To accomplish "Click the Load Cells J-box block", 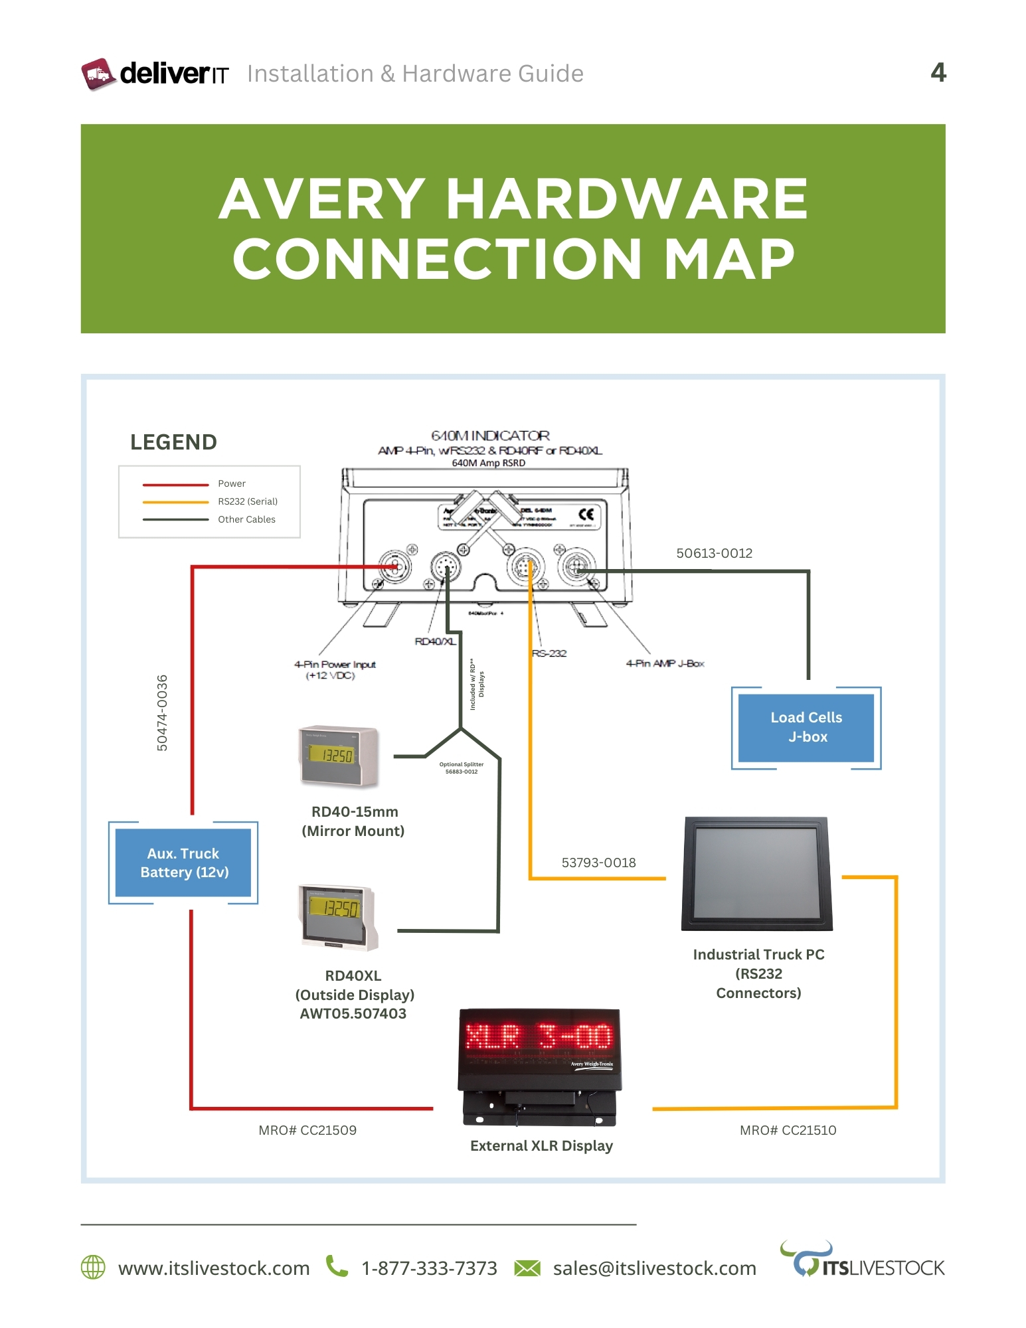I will pyautogui.click(x=806, y=728).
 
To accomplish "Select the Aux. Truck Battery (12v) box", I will pyautogui.click(x=183, y=863).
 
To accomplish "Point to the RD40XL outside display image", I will pyautogui.click(x=339, y=916).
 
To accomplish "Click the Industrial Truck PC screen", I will pyautogui.click(x=756, y=872).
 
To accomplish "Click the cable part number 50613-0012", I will pyautogui.click(x=714, y=553).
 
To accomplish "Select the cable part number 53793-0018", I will pyautogui.click(x=598, y=863).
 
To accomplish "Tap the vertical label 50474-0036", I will pyautogui.click(x=162, y=713).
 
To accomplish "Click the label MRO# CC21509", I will pyautogui.click(x=307, y=1130).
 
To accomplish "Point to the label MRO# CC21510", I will pyautogui.click(x=788, y=1130).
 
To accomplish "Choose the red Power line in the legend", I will pyautogui.click(x=175, y=485).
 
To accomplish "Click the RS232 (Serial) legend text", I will pyautogui.click(x=248, y=501).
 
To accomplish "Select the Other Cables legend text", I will pyautogui.click(x=246, y=519).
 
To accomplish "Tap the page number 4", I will pyautogui.click(x=938, y=72).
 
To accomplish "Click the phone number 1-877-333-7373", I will pyautogui.click(x=429, y=1268).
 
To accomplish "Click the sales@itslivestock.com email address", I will pyautogui.click(x=654, y=1268).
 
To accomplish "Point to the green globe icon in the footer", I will pyautogui.click(x=93, y=1267).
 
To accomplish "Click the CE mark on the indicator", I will pyautogui.click(x=586, y=515).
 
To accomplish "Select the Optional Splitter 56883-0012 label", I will pyautogui.click(x=462, y=768).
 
